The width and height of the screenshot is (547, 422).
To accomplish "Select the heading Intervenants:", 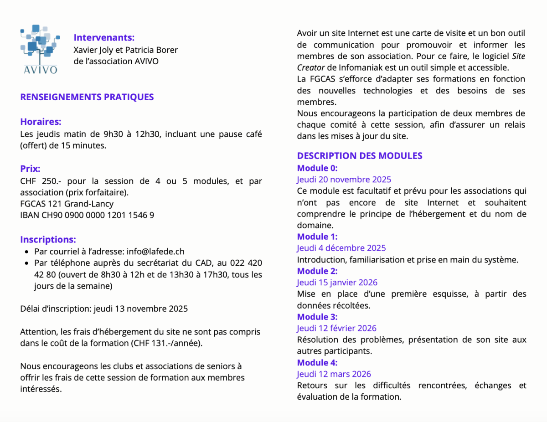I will pos(104,37).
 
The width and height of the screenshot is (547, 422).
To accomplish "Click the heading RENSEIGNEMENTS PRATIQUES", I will pos(87,97).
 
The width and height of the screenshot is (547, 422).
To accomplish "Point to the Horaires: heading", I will pos(41,122).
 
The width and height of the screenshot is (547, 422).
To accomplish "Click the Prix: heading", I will pos(30,169).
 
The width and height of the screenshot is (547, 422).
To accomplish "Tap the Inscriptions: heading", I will pos(48,239).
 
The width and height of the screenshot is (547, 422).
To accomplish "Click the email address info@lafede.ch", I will pos(155,251).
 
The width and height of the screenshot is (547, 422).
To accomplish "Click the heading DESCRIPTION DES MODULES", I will pos(360,156).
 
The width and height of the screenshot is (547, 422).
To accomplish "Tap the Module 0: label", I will pos(317,168).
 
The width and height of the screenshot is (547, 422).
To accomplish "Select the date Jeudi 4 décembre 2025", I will pos(341,248).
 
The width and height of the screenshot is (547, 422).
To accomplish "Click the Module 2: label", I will pos(317,271).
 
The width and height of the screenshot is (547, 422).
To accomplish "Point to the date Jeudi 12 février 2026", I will pos(336,328).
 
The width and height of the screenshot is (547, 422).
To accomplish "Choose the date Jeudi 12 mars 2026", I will pos(334,374).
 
